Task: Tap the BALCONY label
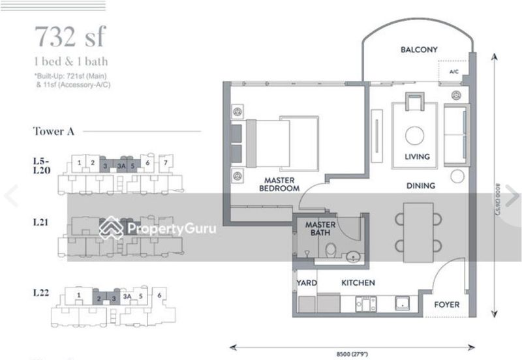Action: pos(419,50)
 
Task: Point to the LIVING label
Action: pos(417,157)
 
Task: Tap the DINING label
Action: pos(421,186)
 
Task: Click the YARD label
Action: pos(307,283)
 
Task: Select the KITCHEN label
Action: pos(358,283)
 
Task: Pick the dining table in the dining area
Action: pos(418,228)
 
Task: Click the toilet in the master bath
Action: pos(331,248)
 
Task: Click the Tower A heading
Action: pos(54,131)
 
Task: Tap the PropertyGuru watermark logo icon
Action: pos(111,228)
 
